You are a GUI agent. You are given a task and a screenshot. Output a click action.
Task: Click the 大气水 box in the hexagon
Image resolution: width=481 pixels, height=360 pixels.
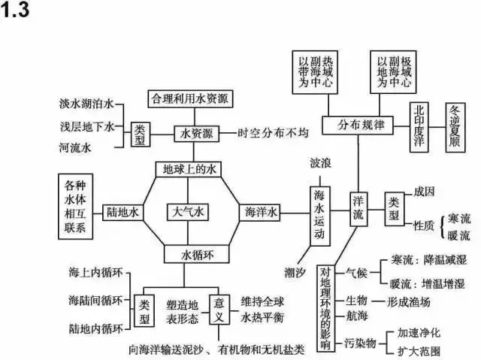[x=186, y=213]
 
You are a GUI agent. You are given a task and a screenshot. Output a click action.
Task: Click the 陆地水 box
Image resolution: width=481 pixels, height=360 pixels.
[x=123, y=213]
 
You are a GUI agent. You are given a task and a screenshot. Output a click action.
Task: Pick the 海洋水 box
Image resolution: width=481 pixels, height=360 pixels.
[x=259, y=213]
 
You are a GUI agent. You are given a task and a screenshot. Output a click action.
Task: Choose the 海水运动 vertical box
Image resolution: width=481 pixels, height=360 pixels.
[x=320, y=213]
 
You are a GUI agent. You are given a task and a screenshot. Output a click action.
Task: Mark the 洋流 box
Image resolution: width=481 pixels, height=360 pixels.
[x=358, y=209]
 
